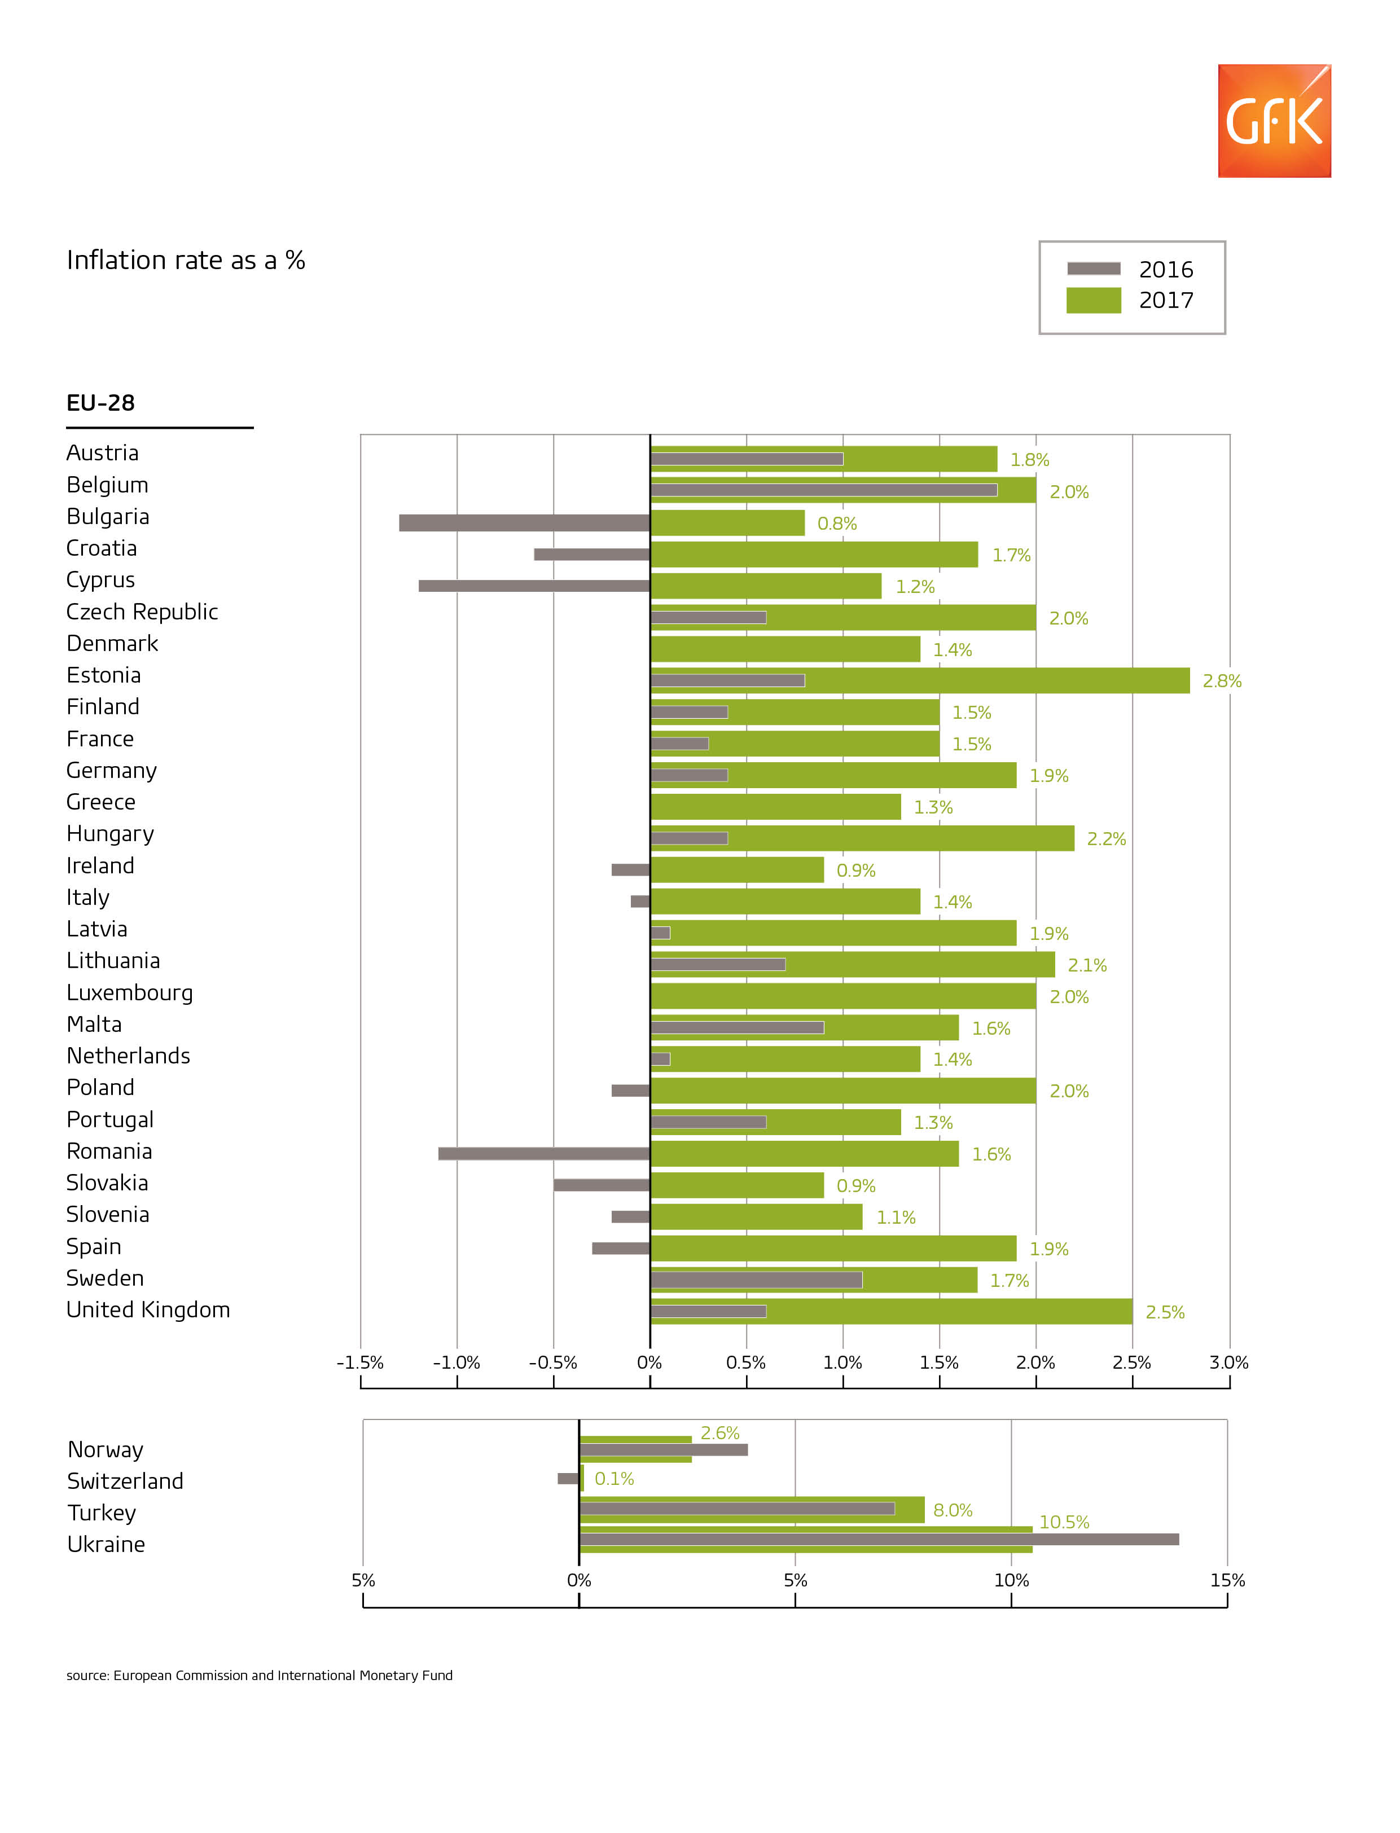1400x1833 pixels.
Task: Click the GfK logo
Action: coord(1274,121)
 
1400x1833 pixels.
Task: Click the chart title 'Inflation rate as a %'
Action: coord(186,261)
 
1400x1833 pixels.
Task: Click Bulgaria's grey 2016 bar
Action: coord(524,522)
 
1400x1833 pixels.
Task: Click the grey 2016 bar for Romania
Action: coord(543,1153)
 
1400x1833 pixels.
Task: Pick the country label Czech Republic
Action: coord(142,612)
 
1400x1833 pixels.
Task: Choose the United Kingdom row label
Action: coord(147,1310)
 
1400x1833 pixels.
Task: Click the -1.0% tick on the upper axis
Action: coord(457,1363)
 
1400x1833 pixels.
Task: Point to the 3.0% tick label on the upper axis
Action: coord(1228,1363)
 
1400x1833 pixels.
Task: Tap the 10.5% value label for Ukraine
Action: coord(1063,1522)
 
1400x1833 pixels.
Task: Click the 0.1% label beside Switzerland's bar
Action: coord(614,1479)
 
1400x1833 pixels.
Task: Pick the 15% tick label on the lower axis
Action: coord(1227,1581)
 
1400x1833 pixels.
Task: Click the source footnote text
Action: coord(259,1676)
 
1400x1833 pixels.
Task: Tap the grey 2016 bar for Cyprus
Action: coord(533,586)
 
